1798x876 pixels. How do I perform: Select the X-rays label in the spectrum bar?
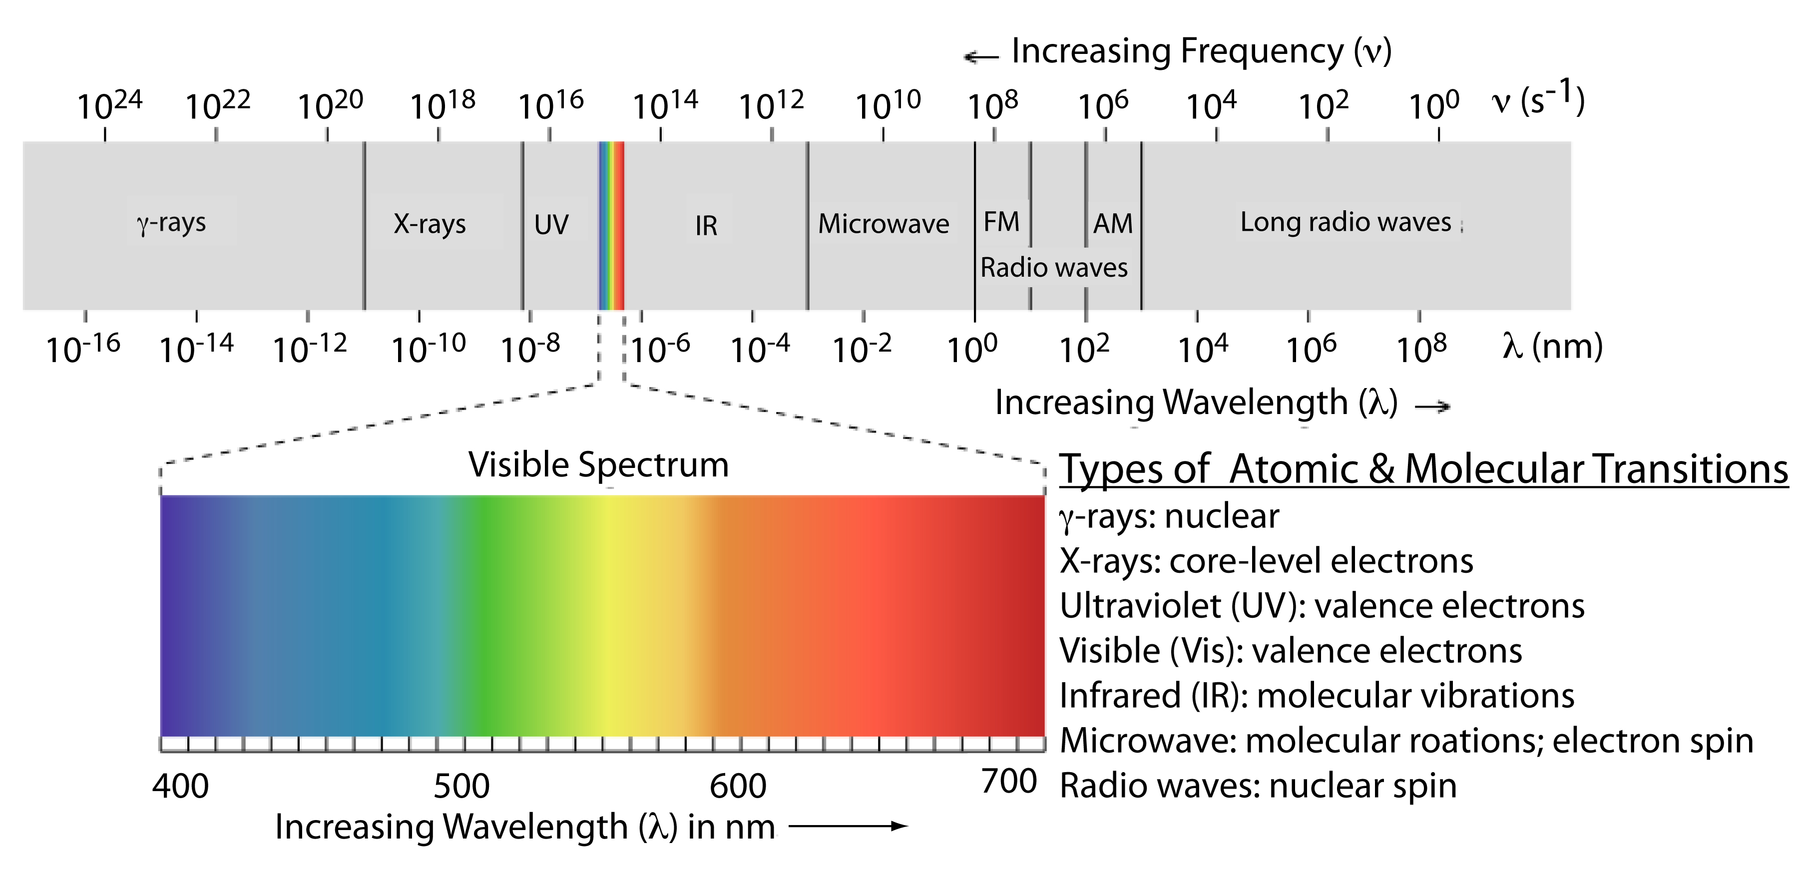429,224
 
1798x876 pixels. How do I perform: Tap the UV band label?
551,225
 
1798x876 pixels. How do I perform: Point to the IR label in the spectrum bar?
706,225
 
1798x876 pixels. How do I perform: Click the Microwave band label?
883,224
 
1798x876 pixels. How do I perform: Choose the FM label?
1001,222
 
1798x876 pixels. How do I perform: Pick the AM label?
1113,223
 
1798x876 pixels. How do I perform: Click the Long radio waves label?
1345,222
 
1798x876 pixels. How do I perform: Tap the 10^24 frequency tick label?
109,105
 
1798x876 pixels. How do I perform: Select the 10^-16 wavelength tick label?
82,348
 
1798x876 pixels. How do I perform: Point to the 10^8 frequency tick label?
992,105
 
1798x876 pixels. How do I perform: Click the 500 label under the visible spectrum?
461,786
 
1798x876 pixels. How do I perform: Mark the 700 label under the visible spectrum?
1008,782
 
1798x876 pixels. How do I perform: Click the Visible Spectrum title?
598,465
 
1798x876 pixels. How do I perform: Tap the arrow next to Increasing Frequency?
981,56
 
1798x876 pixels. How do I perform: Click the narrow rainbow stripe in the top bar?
611,225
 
